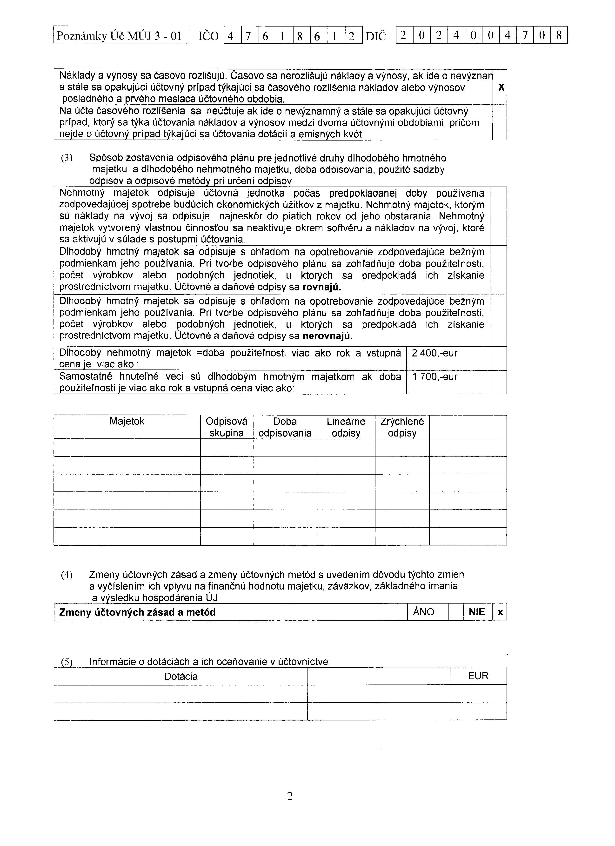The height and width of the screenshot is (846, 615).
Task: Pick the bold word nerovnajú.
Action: coord(327,336)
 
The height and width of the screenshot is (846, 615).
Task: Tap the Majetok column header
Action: coord(127,422)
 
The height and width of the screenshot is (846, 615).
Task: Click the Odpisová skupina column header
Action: coord(226,427)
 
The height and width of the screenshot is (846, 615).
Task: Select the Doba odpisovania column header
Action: coord(285,427)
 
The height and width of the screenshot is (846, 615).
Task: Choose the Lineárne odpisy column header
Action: coord(346,427)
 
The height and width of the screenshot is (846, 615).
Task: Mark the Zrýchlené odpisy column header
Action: coord(402,427)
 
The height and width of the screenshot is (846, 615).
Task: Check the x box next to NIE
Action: coord(500,612)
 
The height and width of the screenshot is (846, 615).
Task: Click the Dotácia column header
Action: coord(181,677)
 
